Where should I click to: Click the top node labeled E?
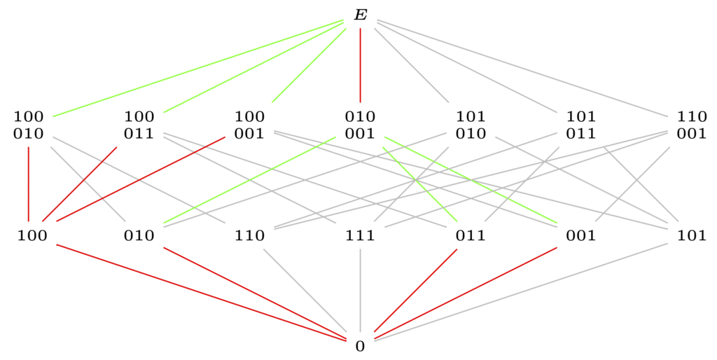pyautogui.click(x=361, y=15)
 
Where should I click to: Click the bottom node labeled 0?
pyautogui.click(x=361, y=346)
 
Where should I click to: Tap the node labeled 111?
pyautogui.click(x=361, y=235)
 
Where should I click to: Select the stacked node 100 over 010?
pyautogui.click(x=28, y=125)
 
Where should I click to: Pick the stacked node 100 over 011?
pyautogui.click(x=139, y=125)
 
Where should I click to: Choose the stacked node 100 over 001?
pyautogui.click(x=250, y=125)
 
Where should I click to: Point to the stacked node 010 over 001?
pyautogui.click(x=361, y=125)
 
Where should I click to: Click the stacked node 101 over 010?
pyautogui.click(x=471, y=125)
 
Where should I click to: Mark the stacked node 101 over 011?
pyautogui.click(x=582, y=125)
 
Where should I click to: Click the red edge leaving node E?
pyautogui.click(x=361, y=65)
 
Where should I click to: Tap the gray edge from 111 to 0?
pyautogui.click(x=361, y=290)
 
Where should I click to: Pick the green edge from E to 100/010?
pyautogui.click(x=198, y=68)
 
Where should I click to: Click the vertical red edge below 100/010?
pyautogui.click(x=28, y=184)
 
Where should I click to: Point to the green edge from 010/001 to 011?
pyautogui.click(x=420, y=184)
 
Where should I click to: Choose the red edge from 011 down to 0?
pyautogui.click(x=416, y=290)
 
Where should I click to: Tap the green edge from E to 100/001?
pyautogui.click(x=309, y=65)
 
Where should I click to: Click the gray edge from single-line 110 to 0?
pyautogui.click(x=305, y=290)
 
